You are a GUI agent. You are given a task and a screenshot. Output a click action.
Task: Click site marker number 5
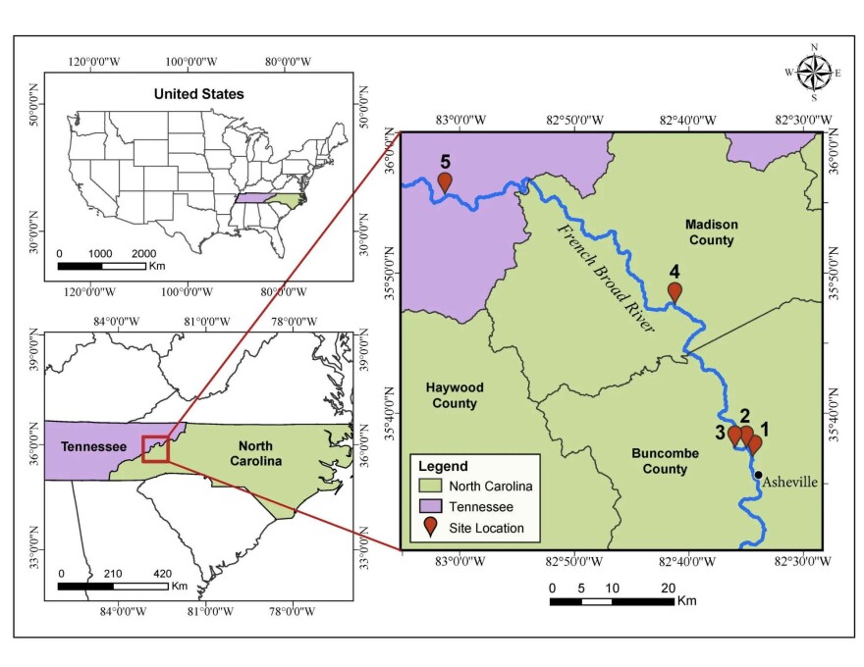pos(445,181)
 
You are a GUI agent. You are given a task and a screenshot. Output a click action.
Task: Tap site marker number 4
pos(675,291)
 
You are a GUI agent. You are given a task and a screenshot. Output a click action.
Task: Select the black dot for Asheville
pos(758,475)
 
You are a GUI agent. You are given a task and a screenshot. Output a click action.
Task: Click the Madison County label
pos(712,232)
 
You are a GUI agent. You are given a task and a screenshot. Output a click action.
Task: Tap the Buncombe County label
pos(665,461)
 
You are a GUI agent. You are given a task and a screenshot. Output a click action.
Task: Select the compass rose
pos(813,72)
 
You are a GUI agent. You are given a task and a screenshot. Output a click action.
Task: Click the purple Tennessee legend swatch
pos(429,507)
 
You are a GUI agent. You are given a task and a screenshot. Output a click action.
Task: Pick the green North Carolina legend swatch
pos(429,487)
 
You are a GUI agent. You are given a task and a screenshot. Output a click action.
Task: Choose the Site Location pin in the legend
pos(429,528)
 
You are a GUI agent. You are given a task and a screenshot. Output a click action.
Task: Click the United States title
pos(198,94)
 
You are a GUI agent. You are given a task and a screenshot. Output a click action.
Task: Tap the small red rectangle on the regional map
pos(155,449)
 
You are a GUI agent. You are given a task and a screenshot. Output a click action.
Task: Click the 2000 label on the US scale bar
pos(144,252)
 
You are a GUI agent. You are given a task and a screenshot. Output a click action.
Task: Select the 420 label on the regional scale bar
pos(164,573)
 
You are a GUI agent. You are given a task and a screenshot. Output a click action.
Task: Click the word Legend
pos(443,466)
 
